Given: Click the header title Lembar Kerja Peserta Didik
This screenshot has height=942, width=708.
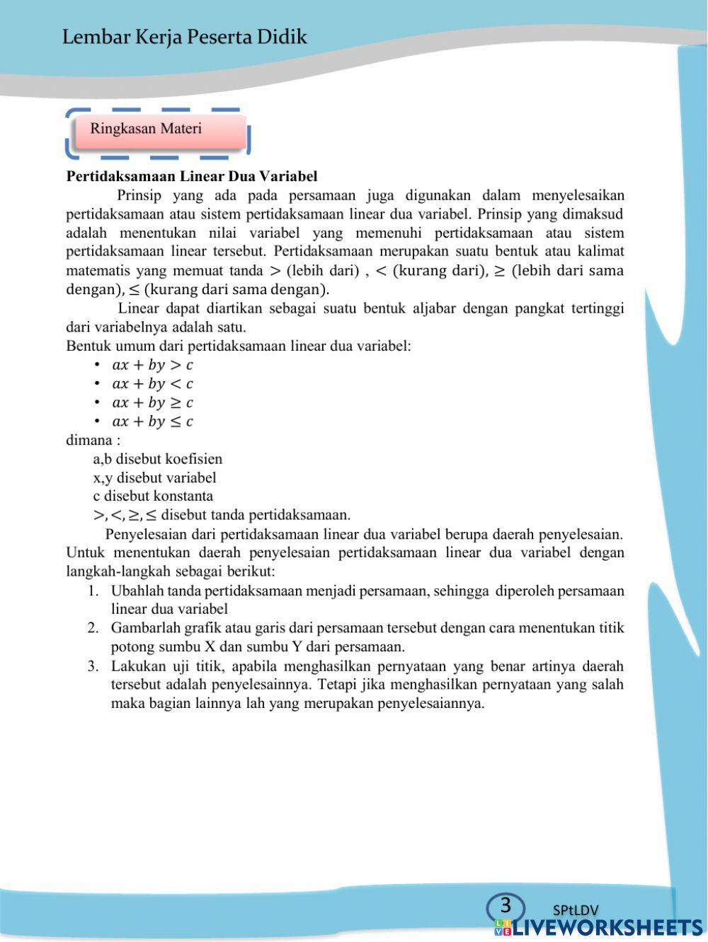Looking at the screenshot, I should point(184,37).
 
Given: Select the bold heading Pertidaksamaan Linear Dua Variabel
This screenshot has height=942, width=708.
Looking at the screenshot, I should point(191,176).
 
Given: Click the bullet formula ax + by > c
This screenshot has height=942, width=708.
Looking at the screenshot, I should point(152,365).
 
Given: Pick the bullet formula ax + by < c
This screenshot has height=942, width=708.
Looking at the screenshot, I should point(152,384).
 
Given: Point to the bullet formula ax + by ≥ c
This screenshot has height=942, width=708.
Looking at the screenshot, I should point(152,402).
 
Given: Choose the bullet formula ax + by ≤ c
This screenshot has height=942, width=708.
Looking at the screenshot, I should point(152,421).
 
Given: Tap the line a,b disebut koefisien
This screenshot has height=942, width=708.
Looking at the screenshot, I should point(157,459).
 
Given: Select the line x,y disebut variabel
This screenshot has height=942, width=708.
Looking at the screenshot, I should point(154,477).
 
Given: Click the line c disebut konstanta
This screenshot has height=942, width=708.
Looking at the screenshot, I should point(153,496).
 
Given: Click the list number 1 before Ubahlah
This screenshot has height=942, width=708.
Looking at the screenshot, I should point(93,591).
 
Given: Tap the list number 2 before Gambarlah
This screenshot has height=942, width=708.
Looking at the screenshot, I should point(93,628).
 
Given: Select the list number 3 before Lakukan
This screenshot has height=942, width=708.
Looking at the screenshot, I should point(93,665).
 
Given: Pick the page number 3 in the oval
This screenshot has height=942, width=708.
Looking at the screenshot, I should point(506,906).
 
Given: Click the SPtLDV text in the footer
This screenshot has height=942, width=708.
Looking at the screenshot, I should point(576,910).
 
